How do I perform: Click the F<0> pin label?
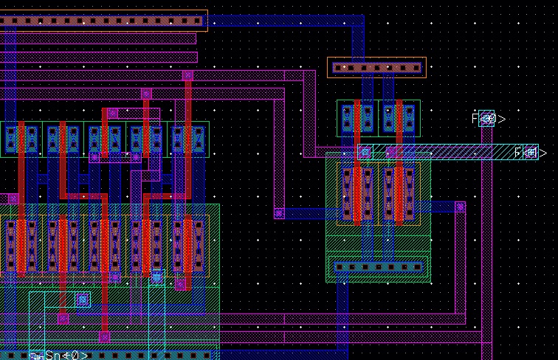[x=488, y=118]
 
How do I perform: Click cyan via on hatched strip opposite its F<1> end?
[x=364, y=152]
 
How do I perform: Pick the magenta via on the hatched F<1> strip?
[x=391, y=153]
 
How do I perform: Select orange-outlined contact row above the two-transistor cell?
[x=376, y=68]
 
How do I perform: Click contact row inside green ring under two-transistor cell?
[x=378, y=266]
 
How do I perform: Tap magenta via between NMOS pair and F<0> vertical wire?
[x=460, y=207]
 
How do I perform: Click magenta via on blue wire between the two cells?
[x=279, y=213]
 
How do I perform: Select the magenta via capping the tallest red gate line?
[x=187, y=75]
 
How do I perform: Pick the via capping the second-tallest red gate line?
[x=146, y=94]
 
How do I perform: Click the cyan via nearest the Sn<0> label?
[x=83, y=300]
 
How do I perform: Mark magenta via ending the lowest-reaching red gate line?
[x=104, y=336]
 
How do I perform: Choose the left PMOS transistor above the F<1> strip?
[x=357, y=118]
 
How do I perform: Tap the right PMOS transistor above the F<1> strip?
[x=399, y=118]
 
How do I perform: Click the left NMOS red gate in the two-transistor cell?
[x=357, y=194]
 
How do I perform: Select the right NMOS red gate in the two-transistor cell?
[x=399, y=194]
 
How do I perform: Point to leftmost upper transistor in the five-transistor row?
[x=21, y=139]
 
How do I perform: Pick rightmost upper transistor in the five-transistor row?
[x=187, y=139]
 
